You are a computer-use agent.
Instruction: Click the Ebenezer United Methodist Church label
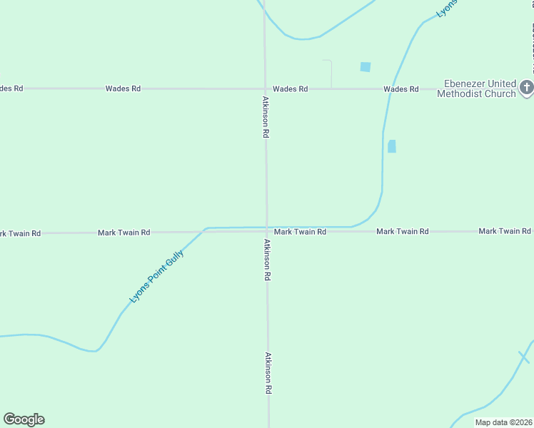click(476, 88)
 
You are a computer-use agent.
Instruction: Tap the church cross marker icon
click(526, 88)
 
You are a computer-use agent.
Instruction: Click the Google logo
click(24, 419)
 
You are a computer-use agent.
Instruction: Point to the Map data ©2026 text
click(503, 422)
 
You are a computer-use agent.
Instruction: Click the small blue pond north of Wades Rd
click(366, 67)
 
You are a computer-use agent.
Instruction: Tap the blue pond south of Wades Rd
click(391, 146)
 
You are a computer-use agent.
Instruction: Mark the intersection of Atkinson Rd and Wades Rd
click(265, 88)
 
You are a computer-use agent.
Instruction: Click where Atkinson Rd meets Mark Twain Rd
click(267, 232)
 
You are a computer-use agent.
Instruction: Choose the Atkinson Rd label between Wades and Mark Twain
click(266, 117)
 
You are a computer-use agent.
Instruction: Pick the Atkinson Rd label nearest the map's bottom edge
click(268, 373)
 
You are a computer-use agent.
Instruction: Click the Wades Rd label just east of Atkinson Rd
click(290, 89)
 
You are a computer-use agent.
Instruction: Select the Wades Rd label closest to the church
click(400, 89)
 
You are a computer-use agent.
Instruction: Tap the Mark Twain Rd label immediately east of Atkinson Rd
click(300, 232)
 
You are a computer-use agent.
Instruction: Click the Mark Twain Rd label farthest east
click(505, 231)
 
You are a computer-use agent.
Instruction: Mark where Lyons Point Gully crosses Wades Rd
click(390, 89)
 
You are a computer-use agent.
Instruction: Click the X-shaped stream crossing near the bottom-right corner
click(524, 356)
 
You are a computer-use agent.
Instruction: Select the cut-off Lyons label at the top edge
click(447, 9)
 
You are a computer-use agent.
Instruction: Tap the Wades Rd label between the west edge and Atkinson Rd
click(123, 88)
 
